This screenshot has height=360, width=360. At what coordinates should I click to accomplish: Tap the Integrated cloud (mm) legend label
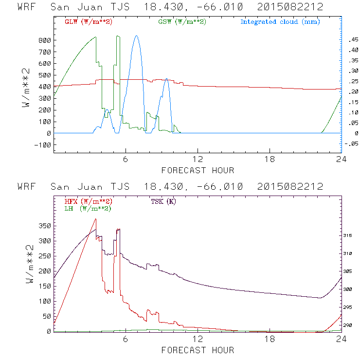click(280, 22)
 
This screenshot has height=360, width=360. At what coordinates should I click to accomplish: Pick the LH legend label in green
click(88, 208)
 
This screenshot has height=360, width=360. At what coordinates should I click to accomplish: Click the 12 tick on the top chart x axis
click(198, 160)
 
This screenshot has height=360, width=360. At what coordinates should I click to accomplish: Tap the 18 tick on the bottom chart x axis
click(270, 339)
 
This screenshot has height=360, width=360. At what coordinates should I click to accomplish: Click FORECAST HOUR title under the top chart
click(198, 170)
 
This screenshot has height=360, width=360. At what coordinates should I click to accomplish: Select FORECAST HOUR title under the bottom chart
click(198, 350)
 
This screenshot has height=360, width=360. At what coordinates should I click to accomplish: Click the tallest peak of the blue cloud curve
click(136, 36)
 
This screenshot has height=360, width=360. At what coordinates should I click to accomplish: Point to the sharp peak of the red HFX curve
click(96, 219)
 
